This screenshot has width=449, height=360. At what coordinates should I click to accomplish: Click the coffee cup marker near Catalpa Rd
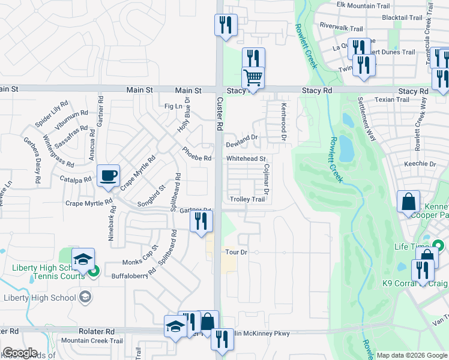click(108, 176)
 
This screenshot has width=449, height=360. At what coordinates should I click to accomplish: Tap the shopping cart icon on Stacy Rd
click(253, 78)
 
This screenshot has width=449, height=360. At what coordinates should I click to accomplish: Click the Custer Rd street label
click(220, 115)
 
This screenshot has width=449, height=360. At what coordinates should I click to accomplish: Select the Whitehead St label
click(246, 158)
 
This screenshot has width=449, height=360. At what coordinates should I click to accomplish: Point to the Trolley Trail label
click(246, 199)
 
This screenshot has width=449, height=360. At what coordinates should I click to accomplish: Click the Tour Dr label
click(236, 253)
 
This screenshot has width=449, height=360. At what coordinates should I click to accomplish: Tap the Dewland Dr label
click(241, 145)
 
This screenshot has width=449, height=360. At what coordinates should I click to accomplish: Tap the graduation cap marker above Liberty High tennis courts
click(83, 259)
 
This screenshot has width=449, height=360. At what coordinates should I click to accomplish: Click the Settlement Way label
click(367, 119)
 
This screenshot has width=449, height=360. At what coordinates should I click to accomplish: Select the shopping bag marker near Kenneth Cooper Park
click(408, 202)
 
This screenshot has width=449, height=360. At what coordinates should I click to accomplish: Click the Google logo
click(20, 353)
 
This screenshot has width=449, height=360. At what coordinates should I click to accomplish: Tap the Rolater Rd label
click(96, 331)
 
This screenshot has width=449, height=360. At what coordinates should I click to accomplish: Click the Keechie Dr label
click(420, 164)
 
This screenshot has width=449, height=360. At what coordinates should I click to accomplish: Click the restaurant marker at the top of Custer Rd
click(226, 26)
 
